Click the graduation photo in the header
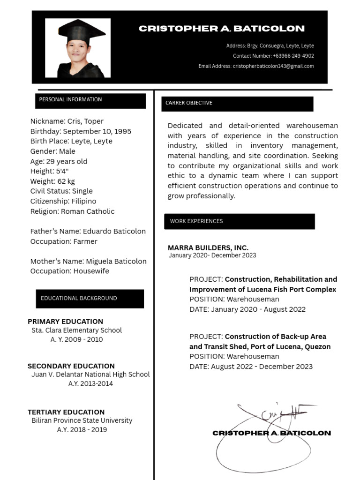[x=78, y=48]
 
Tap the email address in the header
[x=256, y=66]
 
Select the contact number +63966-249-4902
[x=273, y=56]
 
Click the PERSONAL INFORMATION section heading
[x=70, y=99]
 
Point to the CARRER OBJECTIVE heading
[x=189, y=103]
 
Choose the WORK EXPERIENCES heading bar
[x=196, y=221]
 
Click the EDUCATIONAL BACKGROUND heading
[x=79, y=298]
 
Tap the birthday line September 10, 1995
[x=81, y=131]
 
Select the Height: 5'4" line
[x=49, y=171]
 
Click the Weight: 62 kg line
[x=52, y=181]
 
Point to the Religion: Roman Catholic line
[x=72, y=211]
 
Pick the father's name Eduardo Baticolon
[x=88, y=231]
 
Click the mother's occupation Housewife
[x=69, y=271]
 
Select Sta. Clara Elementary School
[x=76, y=330]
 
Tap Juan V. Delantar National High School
[x=90, y=375]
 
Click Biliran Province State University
[x=82, y=420]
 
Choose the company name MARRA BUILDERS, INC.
[x=208, y=247]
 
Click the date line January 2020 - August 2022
[x=247, y=309]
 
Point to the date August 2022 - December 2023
[x=251, y=367]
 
